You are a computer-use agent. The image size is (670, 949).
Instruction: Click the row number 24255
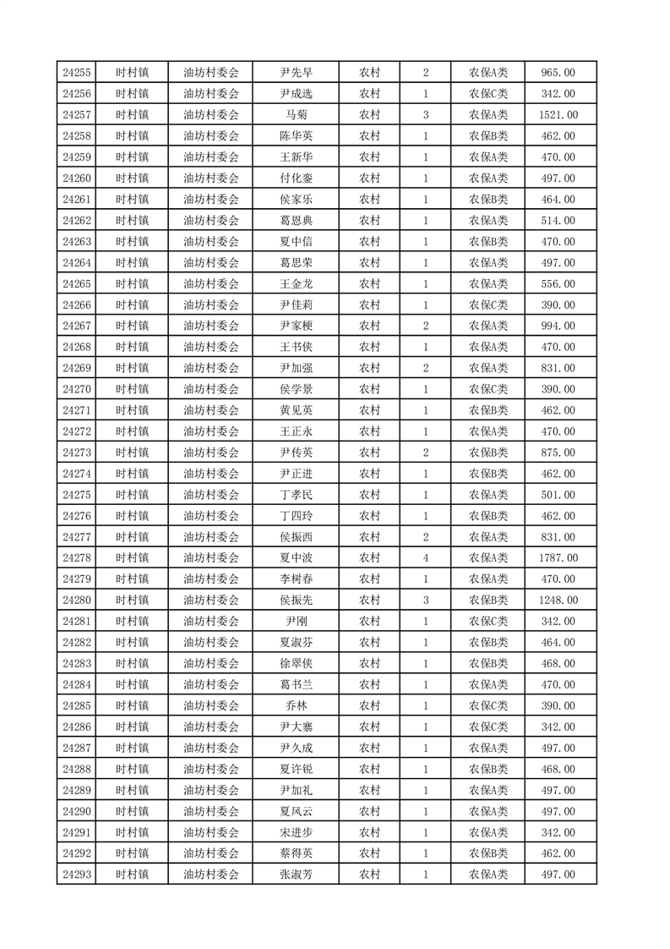click(77, 73)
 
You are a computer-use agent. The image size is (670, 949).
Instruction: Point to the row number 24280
click(77, 600)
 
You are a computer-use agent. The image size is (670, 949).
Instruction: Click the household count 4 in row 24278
click(425, 557)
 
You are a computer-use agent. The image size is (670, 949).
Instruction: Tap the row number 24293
click(77, 874)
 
